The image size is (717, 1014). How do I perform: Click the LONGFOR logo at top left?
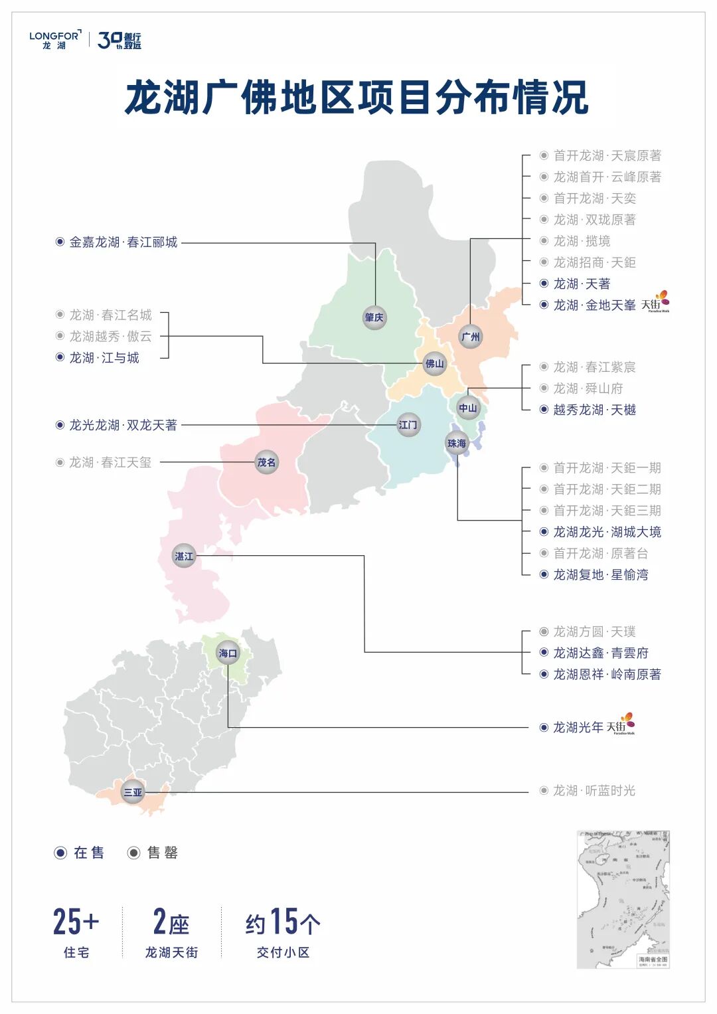54,40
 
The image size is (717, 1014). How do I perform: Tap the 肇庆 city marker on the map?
374,317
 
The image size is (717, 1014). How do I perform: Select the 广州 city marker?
470,337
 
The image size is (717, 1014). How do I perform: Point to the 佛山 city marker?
435,364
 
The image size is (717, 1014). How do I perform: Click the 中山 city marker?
468,408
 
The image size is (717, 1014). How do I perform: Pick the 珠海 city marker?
457,444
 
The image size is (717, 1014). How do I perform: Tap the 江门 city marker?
408,425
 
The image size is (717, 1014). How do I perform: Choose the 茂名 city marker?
266,462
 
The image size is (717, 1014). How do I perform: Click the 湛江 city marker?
184,556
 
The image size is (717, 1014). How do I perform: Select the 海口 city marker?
228,653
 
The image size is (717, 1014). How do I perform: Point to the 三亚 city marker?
133,792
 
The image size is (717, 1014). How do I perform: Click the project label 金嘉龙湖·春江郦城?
123,242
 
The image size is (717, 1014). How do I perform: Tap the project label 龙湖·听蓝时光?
594,791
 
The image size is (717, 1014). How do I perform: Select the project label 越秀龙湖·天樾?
594,410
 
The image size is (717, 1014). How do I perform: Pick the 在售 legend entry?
80,853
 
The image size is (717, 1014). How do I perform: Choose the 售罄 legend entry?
153,853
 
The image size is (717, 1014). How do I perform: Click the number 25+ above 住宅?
76,922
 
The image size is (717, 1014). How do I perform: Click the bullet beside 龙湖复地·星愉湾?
544,575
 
